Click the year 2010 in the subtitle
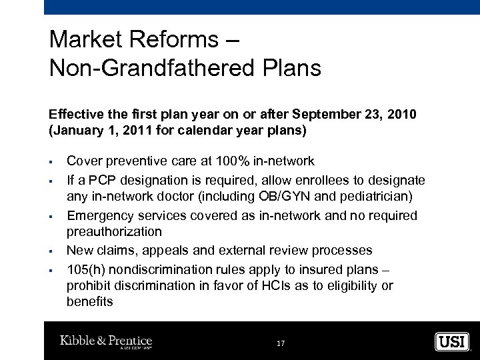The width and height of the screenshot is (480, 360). (x=402, y=115)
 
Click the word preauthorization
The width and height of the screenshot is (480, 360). (x=114, y=232)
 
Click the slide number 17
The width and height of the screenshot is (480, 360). (x=280, y=343)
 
